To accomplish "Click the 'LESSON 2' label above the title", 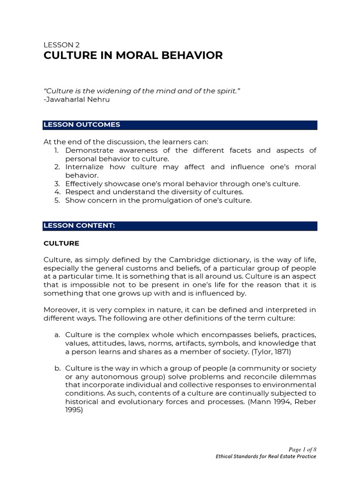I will point(61,45).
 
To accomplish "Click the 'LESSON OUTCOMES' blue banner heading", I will point(82,125).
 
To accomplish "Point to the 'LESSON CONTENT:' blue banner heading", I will point(79,225).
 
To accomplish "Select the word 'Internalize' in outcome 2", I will point(85,167).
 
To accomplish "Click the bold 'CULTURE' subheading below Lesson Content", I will point(61,244).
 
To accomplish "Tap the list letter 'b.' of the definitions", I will point(58,369).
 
